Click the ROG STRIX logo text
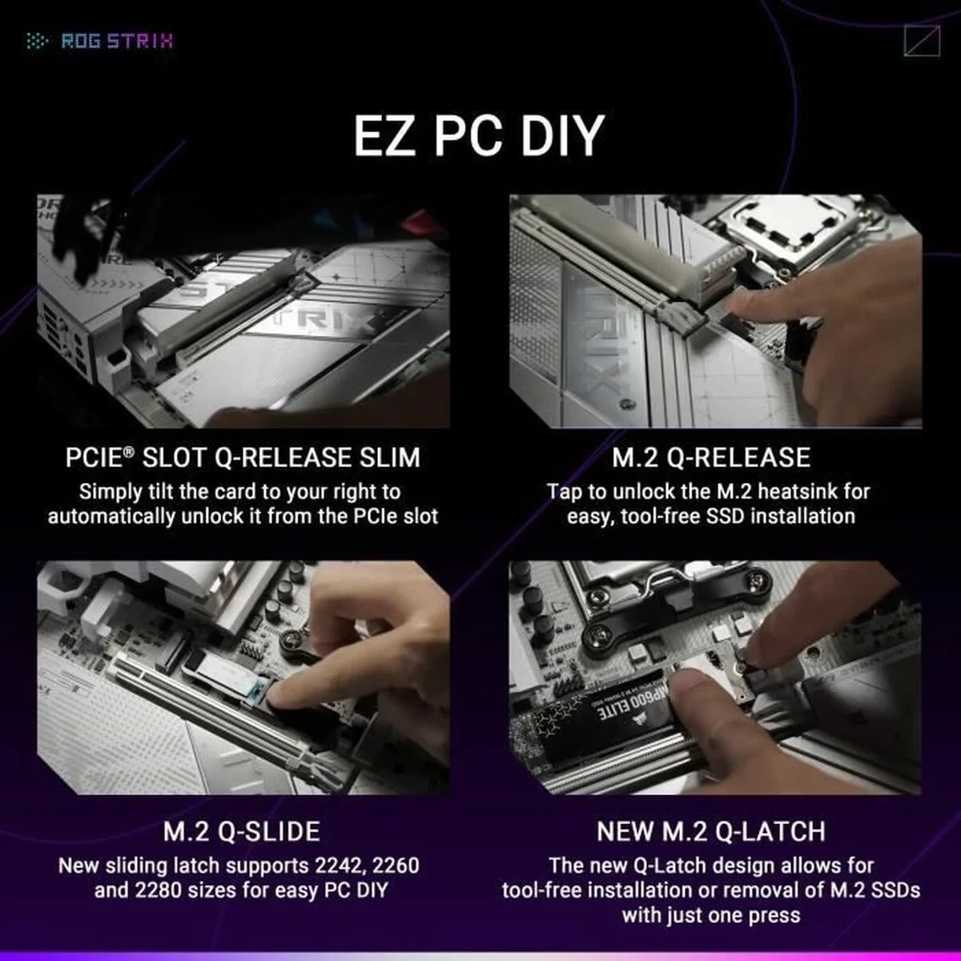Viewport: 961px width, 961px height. click(116, 41)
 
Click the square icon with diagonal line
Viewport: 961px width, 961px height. click(921, 41)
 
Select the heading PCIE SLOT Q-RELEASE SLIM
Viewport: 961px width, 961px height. click(243, 457)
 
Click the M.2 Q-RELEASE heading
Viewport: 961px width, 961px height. click(711, 457)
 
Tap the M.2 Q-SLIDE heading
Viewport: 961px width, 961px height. click(242, 830)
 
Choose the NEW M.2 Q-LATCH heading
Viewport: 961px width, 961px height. click(711, 830)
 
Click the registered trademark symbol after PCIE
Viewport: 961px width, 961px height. click(129, 452)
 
